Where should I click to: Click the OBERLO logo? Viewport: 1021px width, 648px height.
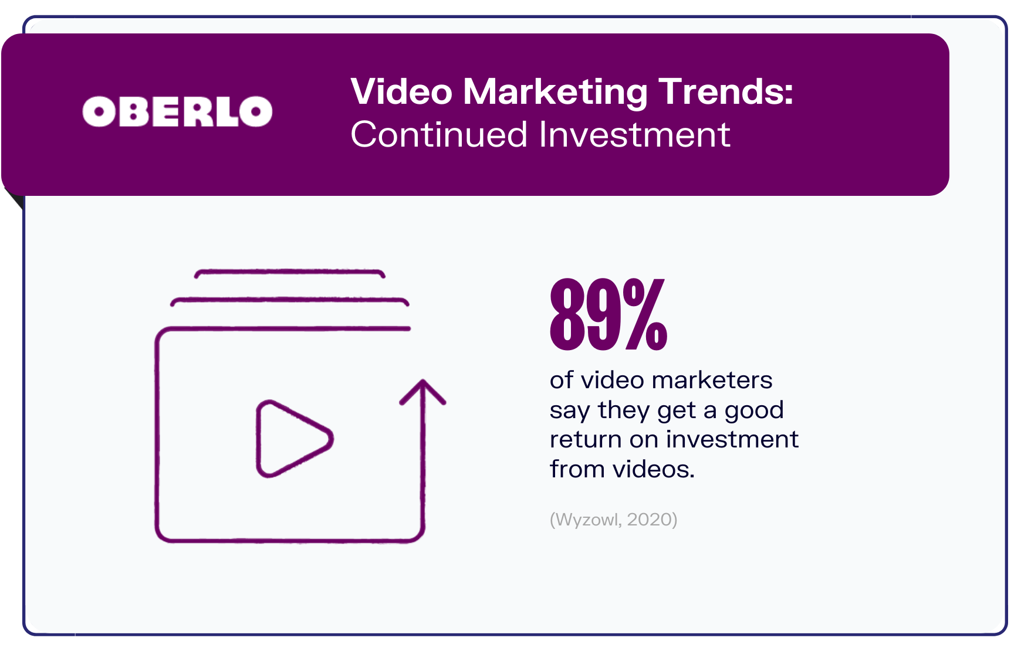pos(177,111)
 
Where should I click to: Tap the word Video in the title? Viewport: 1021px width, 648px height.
pos(401,91)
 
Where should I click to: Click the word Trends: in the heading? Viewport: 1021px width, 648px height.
pos(726,91)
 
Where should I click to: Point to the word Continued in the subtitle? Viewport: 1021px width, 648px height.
pos(439,134)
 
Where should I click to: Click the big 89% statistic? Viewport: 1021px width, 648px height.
pos(608,314)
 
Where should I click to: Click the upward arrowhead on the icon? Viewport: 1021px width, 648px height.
pos(422,392)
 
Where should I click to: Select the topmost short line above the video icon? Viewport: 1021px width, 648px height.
pos(290,272)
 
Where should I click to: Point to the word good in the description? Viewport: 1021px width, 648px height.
pos(754,410)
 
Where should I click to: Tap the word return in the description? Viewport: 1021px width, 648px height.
pos(586,439)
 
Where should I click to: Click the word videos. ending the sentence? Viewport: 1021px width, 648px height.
pos(654,469)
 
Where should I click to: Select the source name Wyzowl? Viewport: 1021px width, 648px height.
pos(586,520)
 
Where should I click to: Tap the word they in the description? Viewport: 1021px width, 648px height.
pos(624,410)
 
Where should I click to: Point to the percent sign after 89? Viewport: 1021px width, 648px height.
pos(645,314)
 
